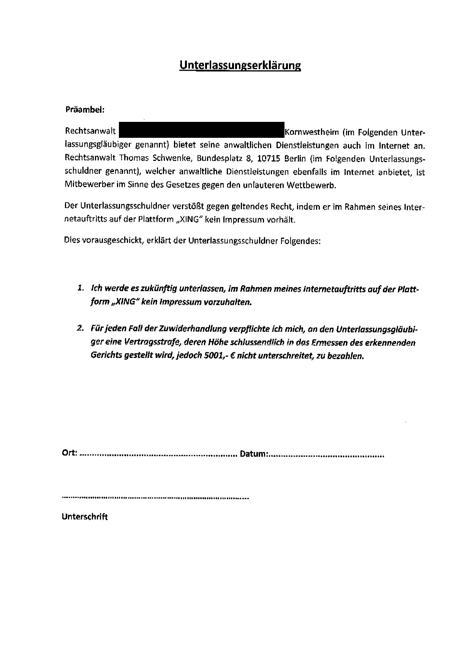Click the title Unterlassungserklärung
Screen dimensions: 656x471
pyautogui.click(x=240, y=65)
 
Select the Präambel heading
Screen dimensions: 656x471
pyautogui.click(x=85, y=110)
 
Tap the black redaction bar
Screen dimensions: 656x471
pyautogui.click(x=202, y=130)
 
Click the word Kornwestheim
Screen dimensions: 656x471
pyautogui.click(x=311, y=132)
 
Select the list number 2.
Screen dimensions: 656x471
pyautogui.click(x=81, y=328)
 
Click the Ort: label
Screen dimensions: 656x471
pyautogui.click(x=70, y=453)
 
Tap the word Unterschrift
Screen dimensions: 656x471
pyautogui.click(x=85, y=517)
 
